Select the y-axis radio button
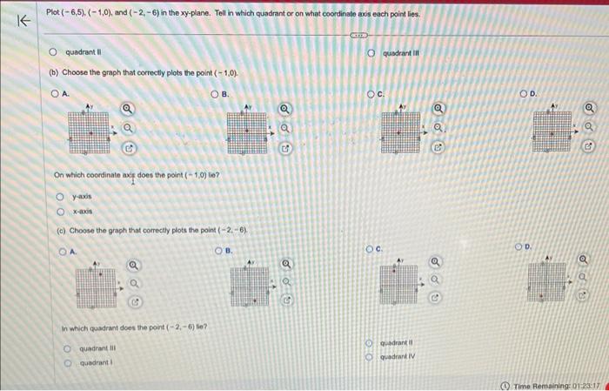[x=60, y=197]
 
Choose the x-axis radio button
[x=60, y=211]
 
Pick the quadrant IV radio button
[x=369, y=357]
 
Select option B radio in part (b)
[x=214, y=93]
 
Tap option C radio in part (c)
[x=369, y=248]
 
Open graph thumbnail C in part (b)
[x=401, y=131]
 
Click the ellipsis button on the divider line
[x=357, y=37]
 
